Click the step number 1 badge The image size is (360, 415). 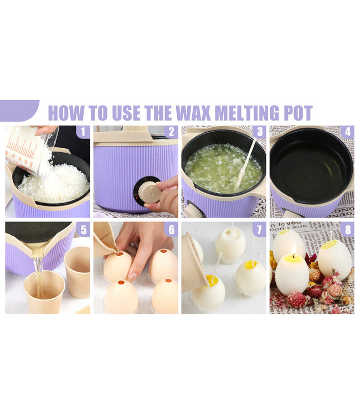tap(83, 132)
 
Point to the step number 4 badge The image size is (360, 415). tap(347, 132)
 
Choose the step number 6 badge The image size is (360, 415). tap(171, 229)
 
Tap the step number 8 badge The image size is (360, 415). tap(347, 229)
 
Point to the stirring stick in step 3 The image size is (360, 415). tap(245, 164)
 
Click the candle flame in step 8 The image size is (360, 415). tap(293, 250)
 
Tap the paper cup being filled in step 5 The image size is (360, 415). tap(44, 292)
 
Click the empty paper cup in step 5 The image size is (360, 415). tap(77, 272)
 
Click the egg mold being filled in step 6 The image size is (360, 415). tap(118, 266)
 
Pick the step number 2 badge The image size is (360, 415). tap(171, 132)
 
